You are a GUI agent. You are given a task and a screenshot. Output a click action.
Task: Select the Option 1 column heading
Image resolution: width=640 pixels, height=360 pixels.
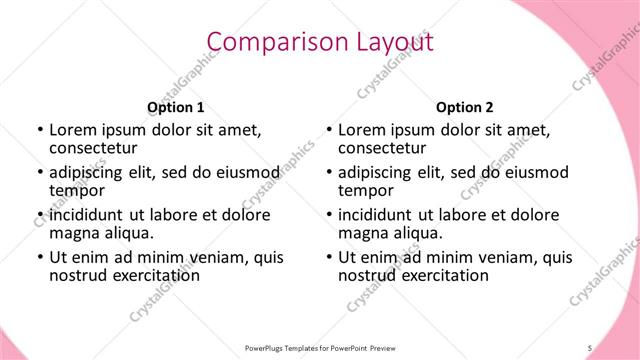(x=176, y=107)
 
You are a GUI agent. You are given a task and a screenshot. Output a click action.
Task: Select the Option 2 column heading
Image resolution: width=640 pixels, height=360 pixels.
(x=465, y=107)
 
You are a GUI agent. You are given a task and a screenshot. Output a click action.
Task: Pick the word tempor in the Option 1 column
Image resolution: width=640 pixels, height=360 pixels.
(x=77, y=191)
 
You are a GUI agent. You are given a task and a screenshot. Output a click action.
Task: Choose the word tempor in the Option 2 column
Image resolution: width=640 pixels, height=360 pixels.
(x=366, y=191)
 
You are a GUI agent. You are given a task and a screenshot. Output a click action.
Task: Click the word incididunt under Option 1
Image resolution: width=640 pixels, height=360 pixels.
(x=84, y=215)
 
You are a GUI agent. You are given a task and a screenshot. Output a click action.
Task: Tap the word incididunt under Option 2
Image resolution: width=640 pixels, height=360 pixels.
(x=373, y=215)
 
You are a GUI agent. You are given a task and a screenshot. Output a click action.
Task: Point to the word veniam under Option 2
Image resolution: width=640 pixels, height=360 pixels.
(x=481, y=257)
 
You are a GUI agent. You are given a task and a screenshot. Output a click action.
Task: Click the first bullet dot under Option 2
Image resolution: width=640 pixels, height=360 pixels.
(x=329, y=130)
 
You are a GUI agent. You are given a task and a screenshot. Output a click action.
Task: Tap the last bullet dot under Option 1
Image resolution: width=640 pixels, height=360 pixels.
(x=40, y=257)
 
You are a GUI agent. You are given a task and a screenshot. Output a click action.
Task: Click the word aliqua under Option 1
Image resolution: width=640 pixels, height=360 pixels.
(x=128, y=233)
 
